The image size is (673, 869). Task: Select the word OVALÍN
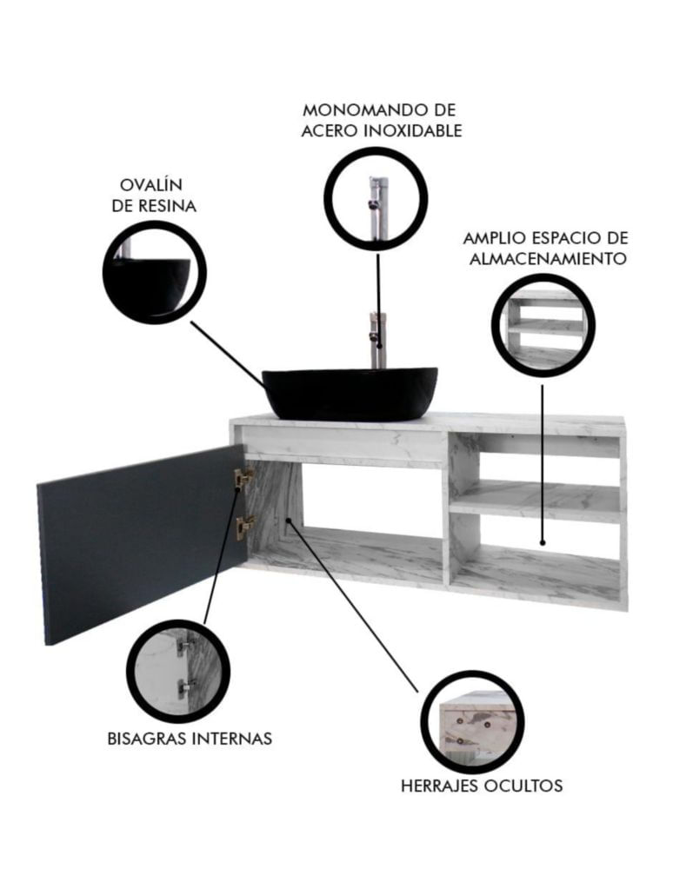[151, 184]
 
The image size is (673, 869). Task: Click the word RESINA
[167, 206]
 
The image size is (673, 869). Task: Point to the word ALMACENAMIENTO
[548, 259]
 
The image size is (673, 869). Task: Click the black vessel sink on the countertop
[350, 393]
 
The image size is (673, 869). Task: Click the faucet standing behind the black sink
[378, 339]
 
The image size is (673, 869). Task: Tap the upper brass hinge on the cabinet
[243, 478]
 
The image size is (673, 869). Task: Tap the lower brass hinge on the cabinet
[244, 527]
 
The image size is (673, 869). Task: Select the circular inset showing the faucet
[376, 199]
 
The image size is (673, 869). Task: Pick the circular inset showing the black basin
[154, 272]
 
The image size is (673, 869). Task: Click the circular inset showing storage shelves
[543, 325]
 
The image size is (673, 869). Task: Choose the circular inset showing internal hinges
[178, 671]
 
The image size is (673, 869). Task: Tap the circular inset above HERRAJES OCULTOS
[472, 722]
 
